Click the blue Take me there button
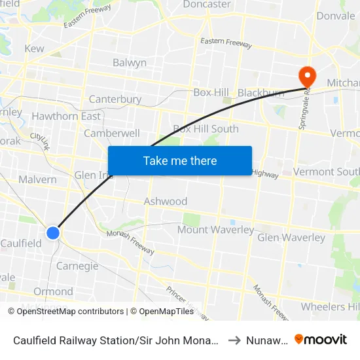pos(180,160)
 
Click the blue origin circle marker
pos(53,232)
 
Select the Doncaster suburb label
pos(206,5)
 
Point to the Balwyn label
pos(130,63)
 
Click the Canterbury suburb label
pos(115,99)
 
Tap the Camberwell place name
pos(112,134)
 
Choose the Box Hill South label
pos(206,129)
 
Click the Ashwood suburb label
pos(166,201)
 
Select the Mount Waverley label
pos(215,230)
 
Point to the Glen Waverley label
pos(291,238)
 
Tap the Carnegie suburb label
pos(77,266)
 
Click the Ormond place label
pos(53,291)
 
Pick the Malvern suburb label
pos(37,179)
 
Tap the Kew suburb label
pos(34,48)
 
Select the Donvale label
pos(335,16)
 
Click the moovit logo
pos(321,339)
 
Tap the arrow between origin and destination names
pos(233,340)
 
